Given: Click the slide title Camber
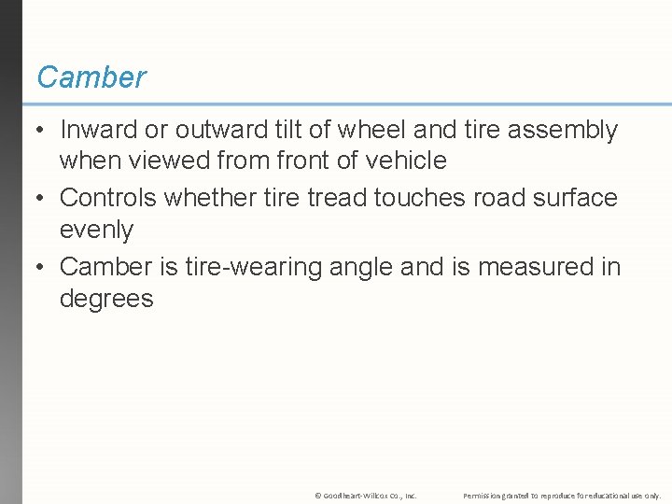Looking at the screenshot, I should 91,77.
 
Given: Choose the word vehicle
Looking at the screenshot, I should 404,161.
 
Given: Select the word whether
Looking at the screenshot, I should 220,198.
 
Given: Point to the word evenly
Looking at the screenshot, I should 96,230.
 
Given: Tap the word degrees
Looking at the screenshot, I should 106,299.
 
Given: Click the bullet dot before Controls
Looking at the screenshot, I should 39,199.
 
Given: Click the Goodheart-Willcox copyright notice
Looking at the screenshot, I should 366,495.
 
